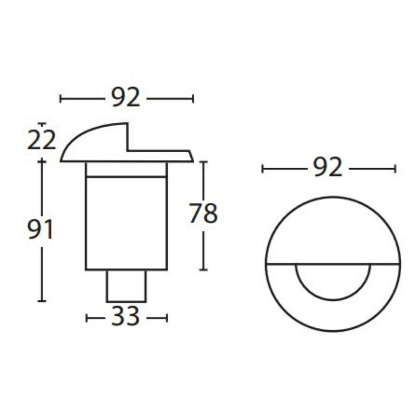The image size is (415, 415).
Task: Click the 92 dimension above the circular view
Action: [328, 168]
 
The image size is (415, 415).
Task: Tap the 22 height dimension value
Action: [41, 141]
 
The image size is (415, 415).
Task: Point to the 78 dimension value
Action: [203, 214]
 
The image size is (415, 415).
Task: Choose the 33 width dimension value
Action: [126, 318]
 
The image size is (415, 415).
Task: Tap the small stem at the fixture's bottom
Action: [126, 286]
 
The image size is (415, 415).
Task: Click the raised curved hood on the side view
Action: [100, 141]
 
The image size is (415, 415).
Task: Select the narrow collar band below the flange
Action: [126, 170]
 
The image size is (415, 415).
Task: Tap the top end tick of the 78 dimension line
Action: [203, 162]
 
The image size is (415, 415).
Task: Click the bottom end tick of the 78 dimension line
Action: [203, 270]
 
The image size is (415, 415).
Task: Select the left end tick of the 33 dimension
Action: [86, 318]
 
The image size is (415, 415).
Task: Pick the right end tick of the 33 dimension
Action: [167, 318]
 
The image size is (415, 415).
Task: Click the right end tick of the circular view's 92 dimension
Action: [395, 168]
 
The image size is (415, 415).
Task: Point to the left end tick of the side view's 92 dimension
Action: [61, 98]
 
